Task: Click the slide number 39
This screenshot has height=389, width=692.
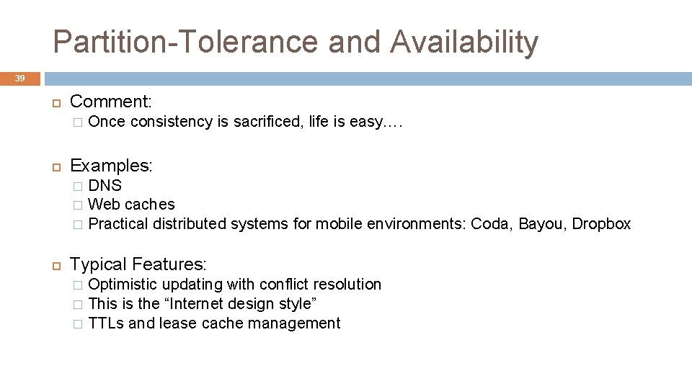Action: pyautogui.click(x=20, y=79)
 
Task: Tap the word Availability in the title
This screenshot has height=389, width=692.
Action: pyautogui.click(x=465, y=42)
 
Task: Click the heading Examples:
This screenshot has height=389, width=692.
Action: pyautogui.click(x=111, y=165)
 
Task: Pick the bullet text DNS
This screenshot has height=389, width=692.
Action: pyautogui.click(x=105, y=186)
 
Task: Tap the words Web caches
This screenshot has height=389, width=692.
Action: pyautogui.click(x=131, y=205)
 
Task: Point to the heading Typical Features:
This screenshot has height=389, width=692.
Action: pyautogui.click(x=138, y=265)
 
